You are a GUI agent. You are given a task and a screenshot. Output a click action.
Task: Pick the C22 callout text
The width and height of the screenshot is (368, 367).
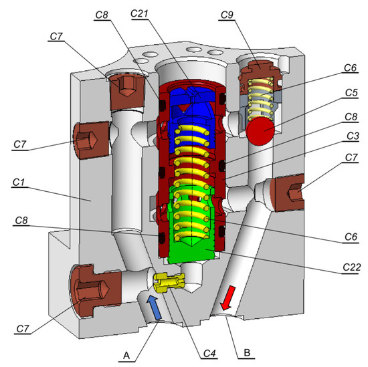(x=345, y=268)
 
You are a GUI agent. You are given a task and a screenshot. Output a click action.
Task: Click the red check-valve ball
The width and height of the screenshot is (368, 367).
(x=258, y=130)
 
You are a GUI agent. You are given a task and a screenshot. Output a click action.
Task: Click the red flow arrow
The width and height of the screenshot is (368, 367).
(x=227, y=298)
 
